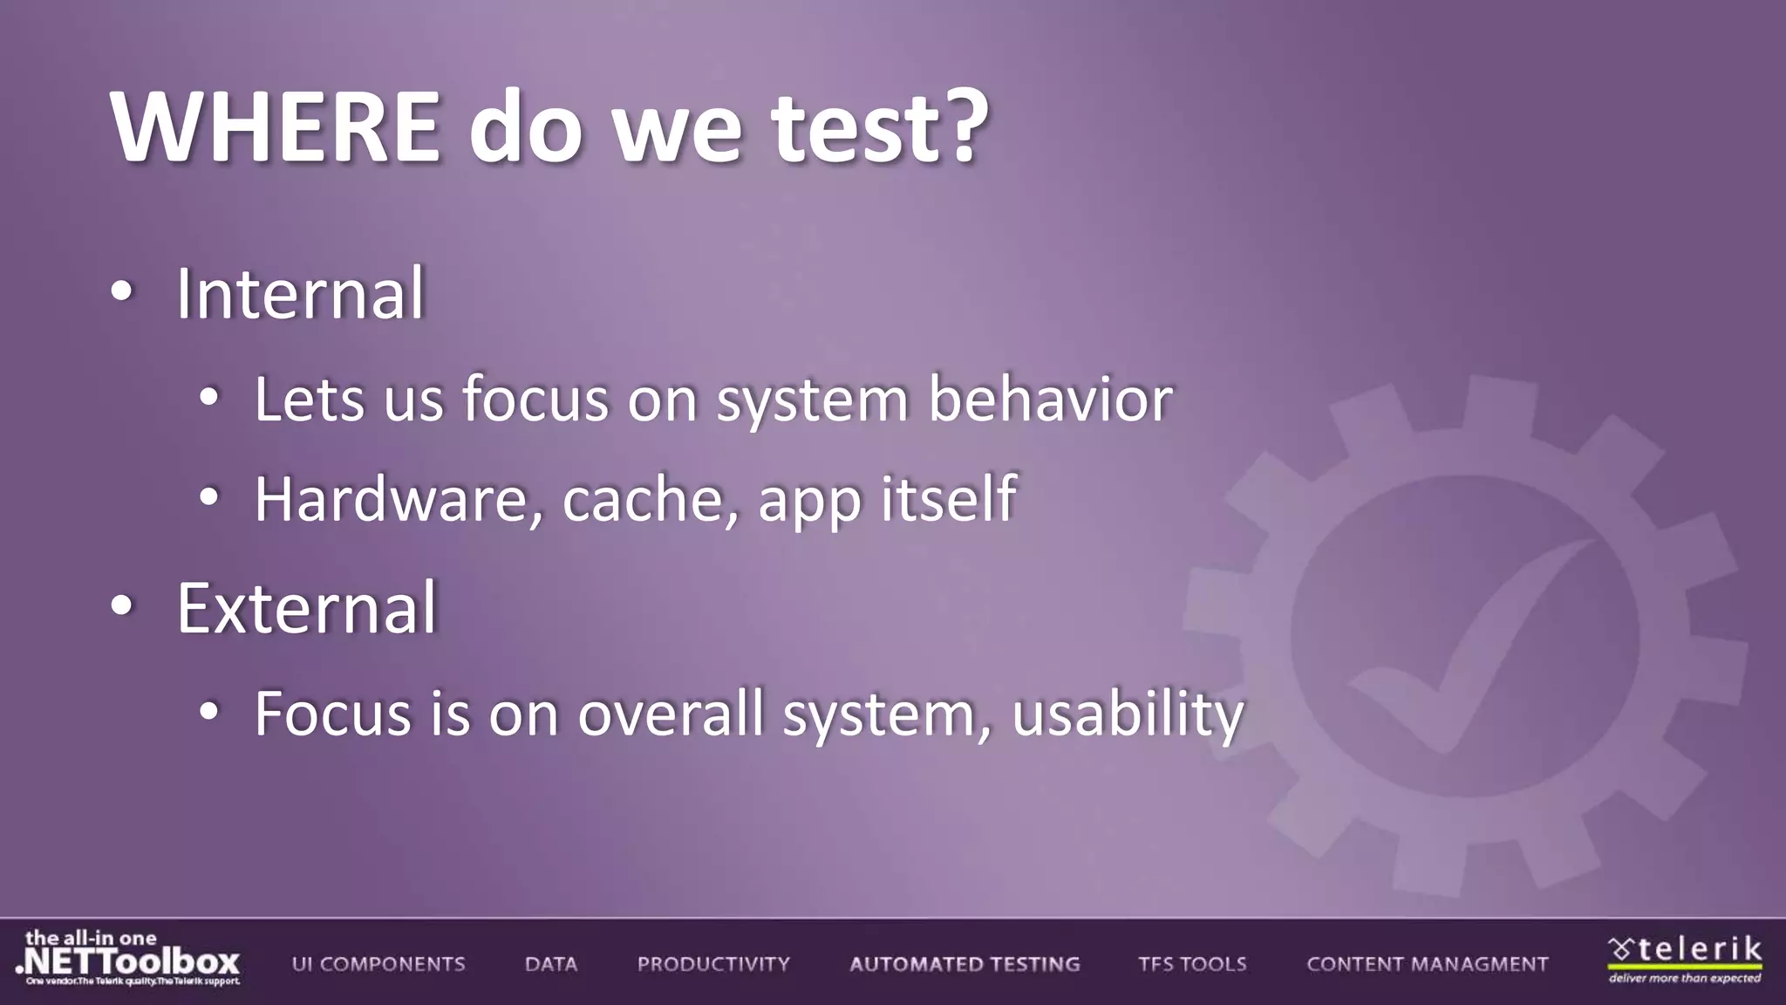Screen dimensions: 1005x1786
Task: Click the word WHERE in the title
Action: coord(276,127)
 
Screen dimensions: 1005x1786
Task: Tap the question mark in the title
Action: coord(964,127)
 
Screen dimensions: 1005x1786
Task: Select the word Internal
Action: coord(300,294)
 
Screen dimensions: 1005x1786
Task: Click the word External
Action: coord(306,608)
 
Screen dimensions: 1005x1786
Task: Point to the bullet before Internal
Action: coord(122,293)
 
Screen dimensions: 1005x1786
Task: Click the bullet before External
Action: coord(122,606)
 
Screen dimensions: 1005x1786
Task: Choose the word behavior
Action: coord(1050,400)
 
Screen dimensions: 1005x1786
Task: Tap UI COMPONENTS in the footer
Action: coord(378,964)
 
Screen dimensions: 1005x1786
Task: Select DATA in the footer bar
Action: coord(551,964)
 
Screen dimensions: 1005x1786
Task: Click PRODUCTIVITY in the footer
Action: coord(713,964)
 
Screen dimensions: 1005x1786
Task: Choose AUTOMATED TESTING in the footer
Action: coord(965,964)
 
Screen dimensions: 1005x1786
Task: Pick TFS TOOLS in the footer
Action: coord(1192,964)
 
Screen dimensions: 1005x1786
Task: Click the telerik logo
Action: coord(1685,958)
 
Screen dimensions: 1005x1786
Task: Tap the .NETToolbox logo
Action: coord(128,959)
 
